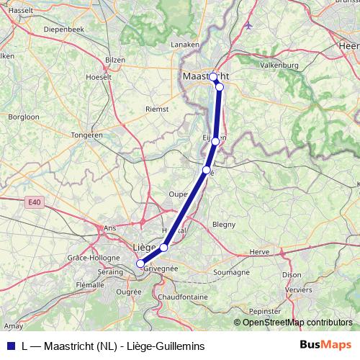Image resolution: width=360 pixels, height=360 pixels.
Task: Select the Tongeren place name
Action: pyautogui.click(x=87, y=135)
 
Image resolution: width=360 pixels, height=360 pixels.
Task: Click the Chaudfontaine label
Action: pyautogui.click(x=183, y=297)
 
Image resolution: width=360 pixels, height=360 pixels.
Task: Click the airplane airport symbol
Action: pyautogui.click(x=249, y=26)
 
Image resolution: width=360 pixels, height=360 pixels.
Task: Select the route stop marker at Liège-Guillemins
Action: pyautogui.click(x=140, y=264)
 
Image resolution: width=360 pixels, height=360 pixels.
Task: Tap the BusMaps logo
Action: pyautogui.click(x=325, y=345)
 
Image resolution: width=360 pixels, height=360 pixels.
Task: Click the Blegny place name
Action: pyautogui.click(x=224, y=224)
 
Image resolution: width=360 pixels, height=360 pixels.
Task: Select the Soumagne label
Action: pyautogui.click(x=232, y=273)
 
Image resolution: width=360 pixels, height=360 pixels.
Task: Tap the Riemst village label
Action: pyautogui.click(x=157, y=109)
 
